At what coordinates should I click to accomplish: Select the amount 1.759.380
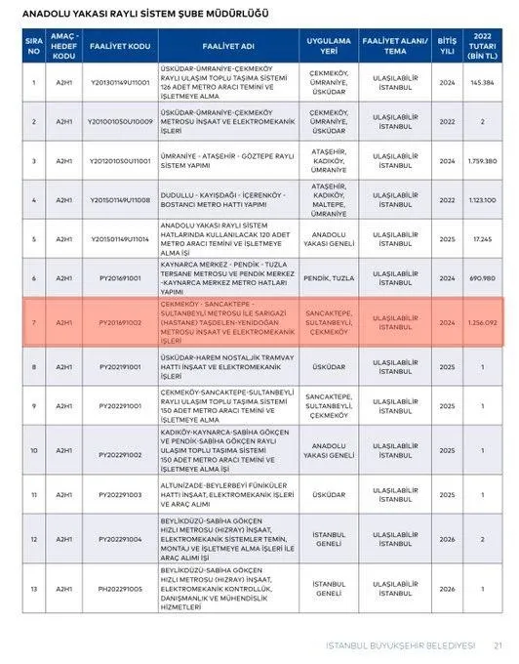tap(482, 158)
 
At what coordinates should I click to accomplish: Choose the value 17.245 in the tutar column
tap(482, 238)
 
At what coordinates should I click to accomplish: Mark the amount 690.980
tap(482, 278)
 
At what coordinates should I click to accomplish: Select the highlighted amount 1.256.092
tap(482, 320)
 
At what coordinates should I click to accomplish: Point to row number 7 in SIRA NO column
tap(33, 320)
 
